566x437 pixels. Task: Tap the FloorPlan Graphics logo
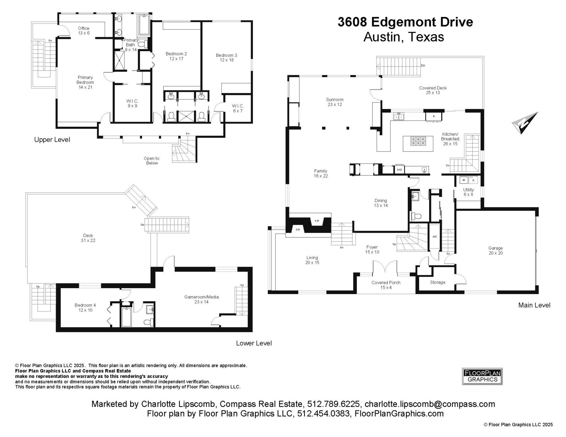[482, 376]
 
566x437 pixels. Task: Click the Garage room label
[495, 250]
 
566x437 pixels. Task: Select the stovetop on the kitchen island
[418, 141]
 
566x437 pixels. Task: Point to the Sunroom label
[335, 102]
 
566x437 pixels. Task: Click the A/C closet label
[435, 237]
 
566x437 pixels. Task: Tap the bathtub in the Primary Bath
[144, 25]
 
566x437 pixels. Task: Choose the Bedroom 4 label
[85, 307]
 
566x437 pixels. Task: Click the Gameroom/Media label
[201, 299]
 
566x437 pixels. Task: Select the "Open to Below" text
[152, 161]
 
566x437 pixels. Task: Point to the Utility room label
[468, 192]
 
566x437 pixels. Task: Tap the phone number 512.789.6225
[333, 404]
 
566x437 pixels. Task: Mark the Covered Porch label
[386, 285]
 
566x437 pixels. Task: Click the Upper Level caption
[52, 140]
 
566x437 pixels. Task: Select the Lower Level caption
[254, 343]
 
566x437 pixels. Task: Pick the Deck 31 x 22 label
[88, 238]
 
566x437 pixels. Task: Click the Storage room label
[438, 282]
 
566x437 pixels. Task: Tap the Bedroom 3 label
[226, 58]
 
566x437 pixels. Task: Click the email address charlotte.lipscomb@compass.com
[430, 404]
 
